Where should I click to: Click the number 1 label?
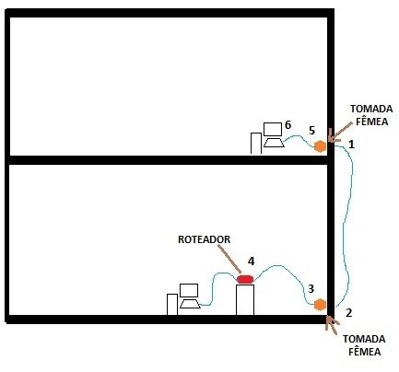pos(352,144)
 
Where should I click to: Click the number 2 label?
pos(348,313)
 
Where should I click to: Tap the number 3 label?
pos(311,288)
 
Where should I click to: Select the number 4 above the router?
pos(252,262)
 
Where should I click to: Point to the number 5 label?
pos(311,131)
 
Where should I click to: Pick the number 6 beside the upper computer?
pos(288,125)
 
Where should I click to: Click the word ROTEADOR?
pos(205,239)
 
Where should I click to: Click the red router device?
pos(245,279)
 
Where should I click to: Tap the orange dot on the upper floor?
pos(320,146)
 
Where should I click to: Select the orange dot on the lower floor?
pos(320,305)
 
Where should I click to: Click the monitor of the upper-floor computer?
pos(273,129)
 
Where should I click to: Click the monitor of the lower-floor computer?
pos(189,290)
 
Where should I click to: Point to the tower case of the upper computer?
pos(256,144)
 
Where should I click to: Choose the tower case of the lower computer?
pos(172,305)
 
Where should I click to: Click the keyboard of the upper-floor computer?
pos(274,143)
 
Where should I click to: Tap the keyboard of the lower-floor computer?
pos(190,304)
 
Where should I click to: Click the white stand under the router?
pos(245,300)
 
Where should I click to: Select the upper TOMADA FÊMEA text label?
pos(371,115)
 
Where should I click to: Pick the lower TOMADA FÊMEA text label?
pos(364,345)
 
